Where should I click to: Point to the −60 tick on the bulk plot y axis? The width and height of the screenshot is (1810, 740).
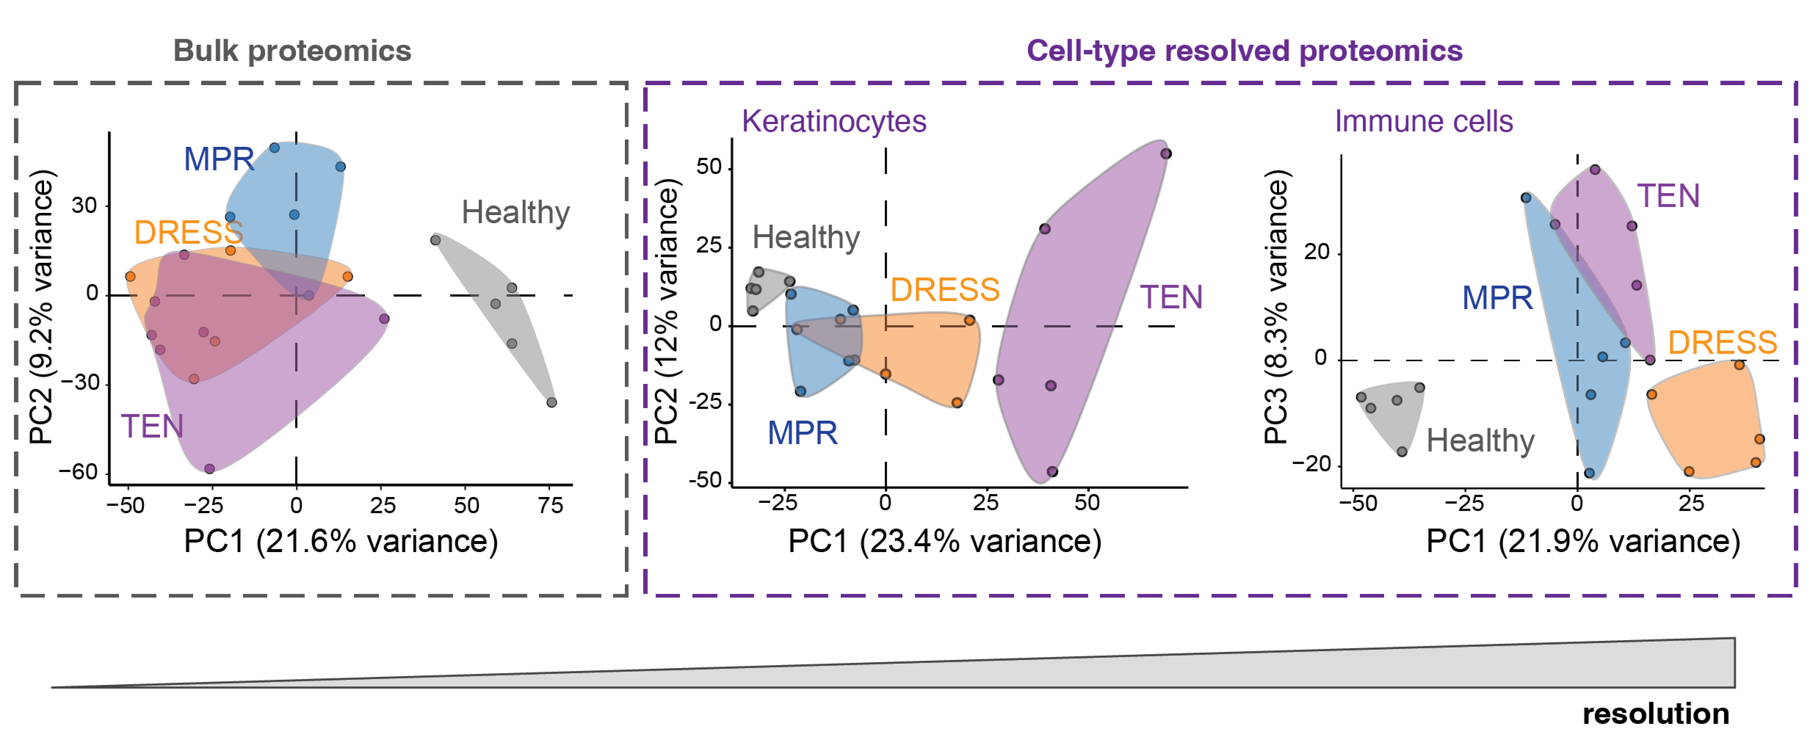pyautogui.click(x=78, y=472)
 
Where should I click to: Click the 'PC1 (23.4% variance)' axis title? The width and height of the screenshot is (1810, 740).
pyautogui.click(x=944, y=541)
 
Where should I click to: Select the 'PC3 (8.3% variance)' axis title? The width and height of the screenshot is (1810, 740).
pyautogui.click(x=1276, y=307)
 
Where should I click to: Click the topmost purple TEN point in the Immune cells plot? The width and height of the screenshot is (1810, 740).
pyautogui.click(x=1595, y=169)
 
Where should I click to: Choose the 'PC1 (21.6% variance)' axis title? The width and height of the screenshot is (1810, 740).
pyautogui.click(x=341, y=541)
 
